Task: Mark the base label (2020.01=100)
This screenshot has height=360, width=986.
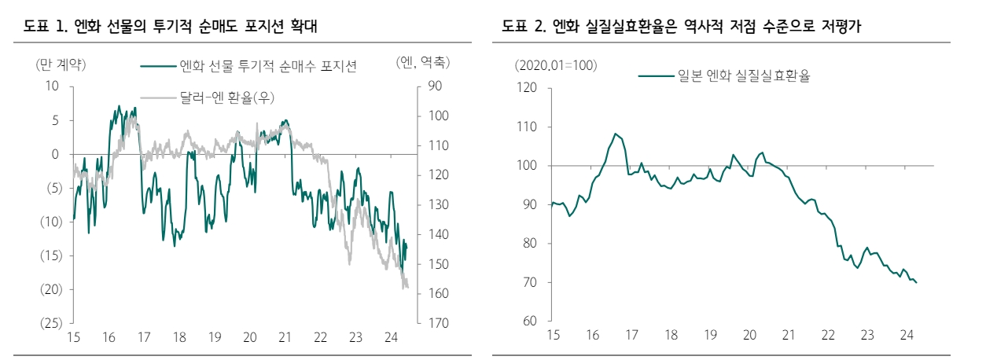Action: pos(556,64)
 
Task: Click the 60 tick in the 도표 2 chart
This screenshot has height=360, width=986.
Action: pos(529,321)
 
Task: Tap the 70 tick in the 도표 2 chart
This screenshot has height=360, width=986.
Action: pos(529,282)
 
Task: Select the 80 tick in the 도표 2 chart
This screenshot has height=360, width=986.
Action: pos(529,243)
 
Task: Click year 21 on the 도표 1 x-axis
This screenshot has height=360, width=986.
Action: pos(285,337)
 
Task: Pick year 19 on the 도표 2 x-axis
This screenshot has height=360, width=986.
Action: pos(710,335)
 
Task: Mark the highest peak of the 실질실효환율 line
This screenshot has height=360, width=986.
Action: pos(616,134)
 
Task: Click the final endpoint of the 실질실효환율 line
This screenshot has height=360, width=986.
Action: pos(917,282)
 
